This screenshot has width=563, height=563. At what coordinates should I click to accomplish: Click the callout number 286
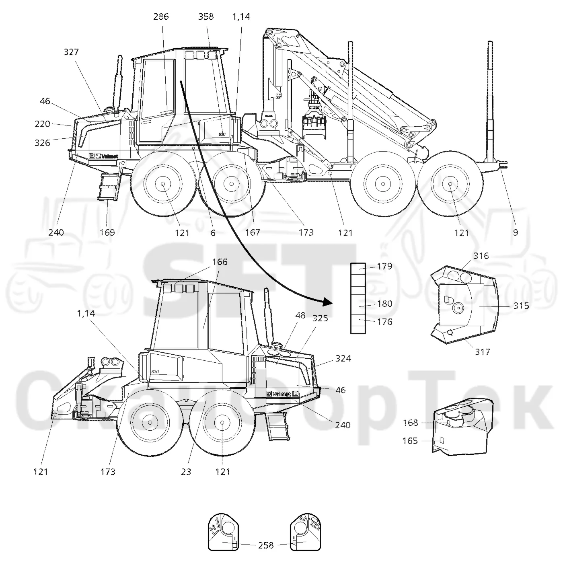161,16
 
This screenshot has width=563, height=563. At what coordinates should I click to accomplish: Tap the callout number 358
206,16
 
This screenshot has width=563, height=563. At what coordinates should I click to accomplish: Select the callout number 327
71,52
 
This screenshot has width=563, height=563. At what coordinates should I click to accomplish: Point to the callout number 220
42,124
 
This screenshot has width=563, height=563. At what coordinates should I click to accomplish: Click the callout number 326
42,143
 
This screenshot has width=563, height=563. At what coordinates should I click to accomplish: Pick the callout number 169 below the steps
107,232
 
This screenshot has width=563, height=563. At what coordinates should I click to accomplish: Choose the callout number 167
253,232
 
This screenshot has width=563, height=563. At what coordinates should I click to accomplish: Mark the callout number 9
516,232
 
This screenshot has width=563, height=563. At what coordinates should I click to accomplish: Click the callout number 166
220,262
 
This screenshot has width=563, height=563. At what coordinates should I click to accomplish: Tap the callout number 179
384,266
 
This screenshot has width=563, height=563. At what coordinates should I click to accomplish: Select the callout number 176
384,322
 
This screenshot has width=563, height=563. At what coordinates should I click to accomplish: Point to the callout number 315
521,306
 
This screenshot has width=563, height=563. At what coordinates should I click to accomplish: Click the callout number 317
482,352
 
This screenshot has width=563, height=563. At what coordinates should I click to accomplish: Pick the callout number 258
266,545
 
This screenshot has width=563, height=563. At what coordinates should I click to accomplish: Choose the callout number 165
410,441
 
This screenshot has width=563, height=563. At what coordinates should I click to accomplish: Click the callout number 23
186,472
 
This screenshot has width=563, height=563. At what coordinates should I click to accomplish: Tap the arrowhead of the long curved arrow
329,302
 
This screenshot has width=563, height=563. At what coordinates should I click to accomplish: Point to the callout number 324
343,358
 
